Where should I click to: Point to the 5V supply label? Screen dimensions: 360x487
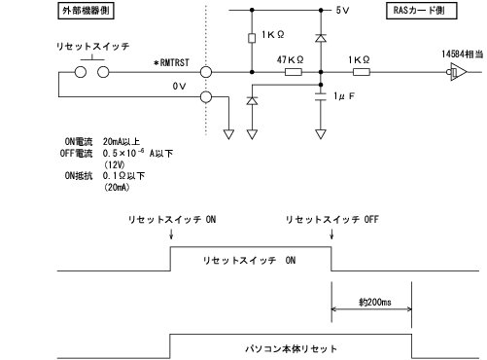tap(343, 12)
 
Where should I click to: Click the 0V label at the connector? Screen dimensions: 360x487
tap(178, 86)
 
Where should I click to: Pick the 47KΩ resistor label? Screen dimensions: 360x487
tap(288, 59)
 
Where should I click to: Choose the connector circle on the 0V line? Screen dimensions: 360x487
tap(205, 97)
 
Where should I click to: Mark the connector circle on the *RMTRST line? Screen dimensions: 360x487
tap(205, 71)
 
